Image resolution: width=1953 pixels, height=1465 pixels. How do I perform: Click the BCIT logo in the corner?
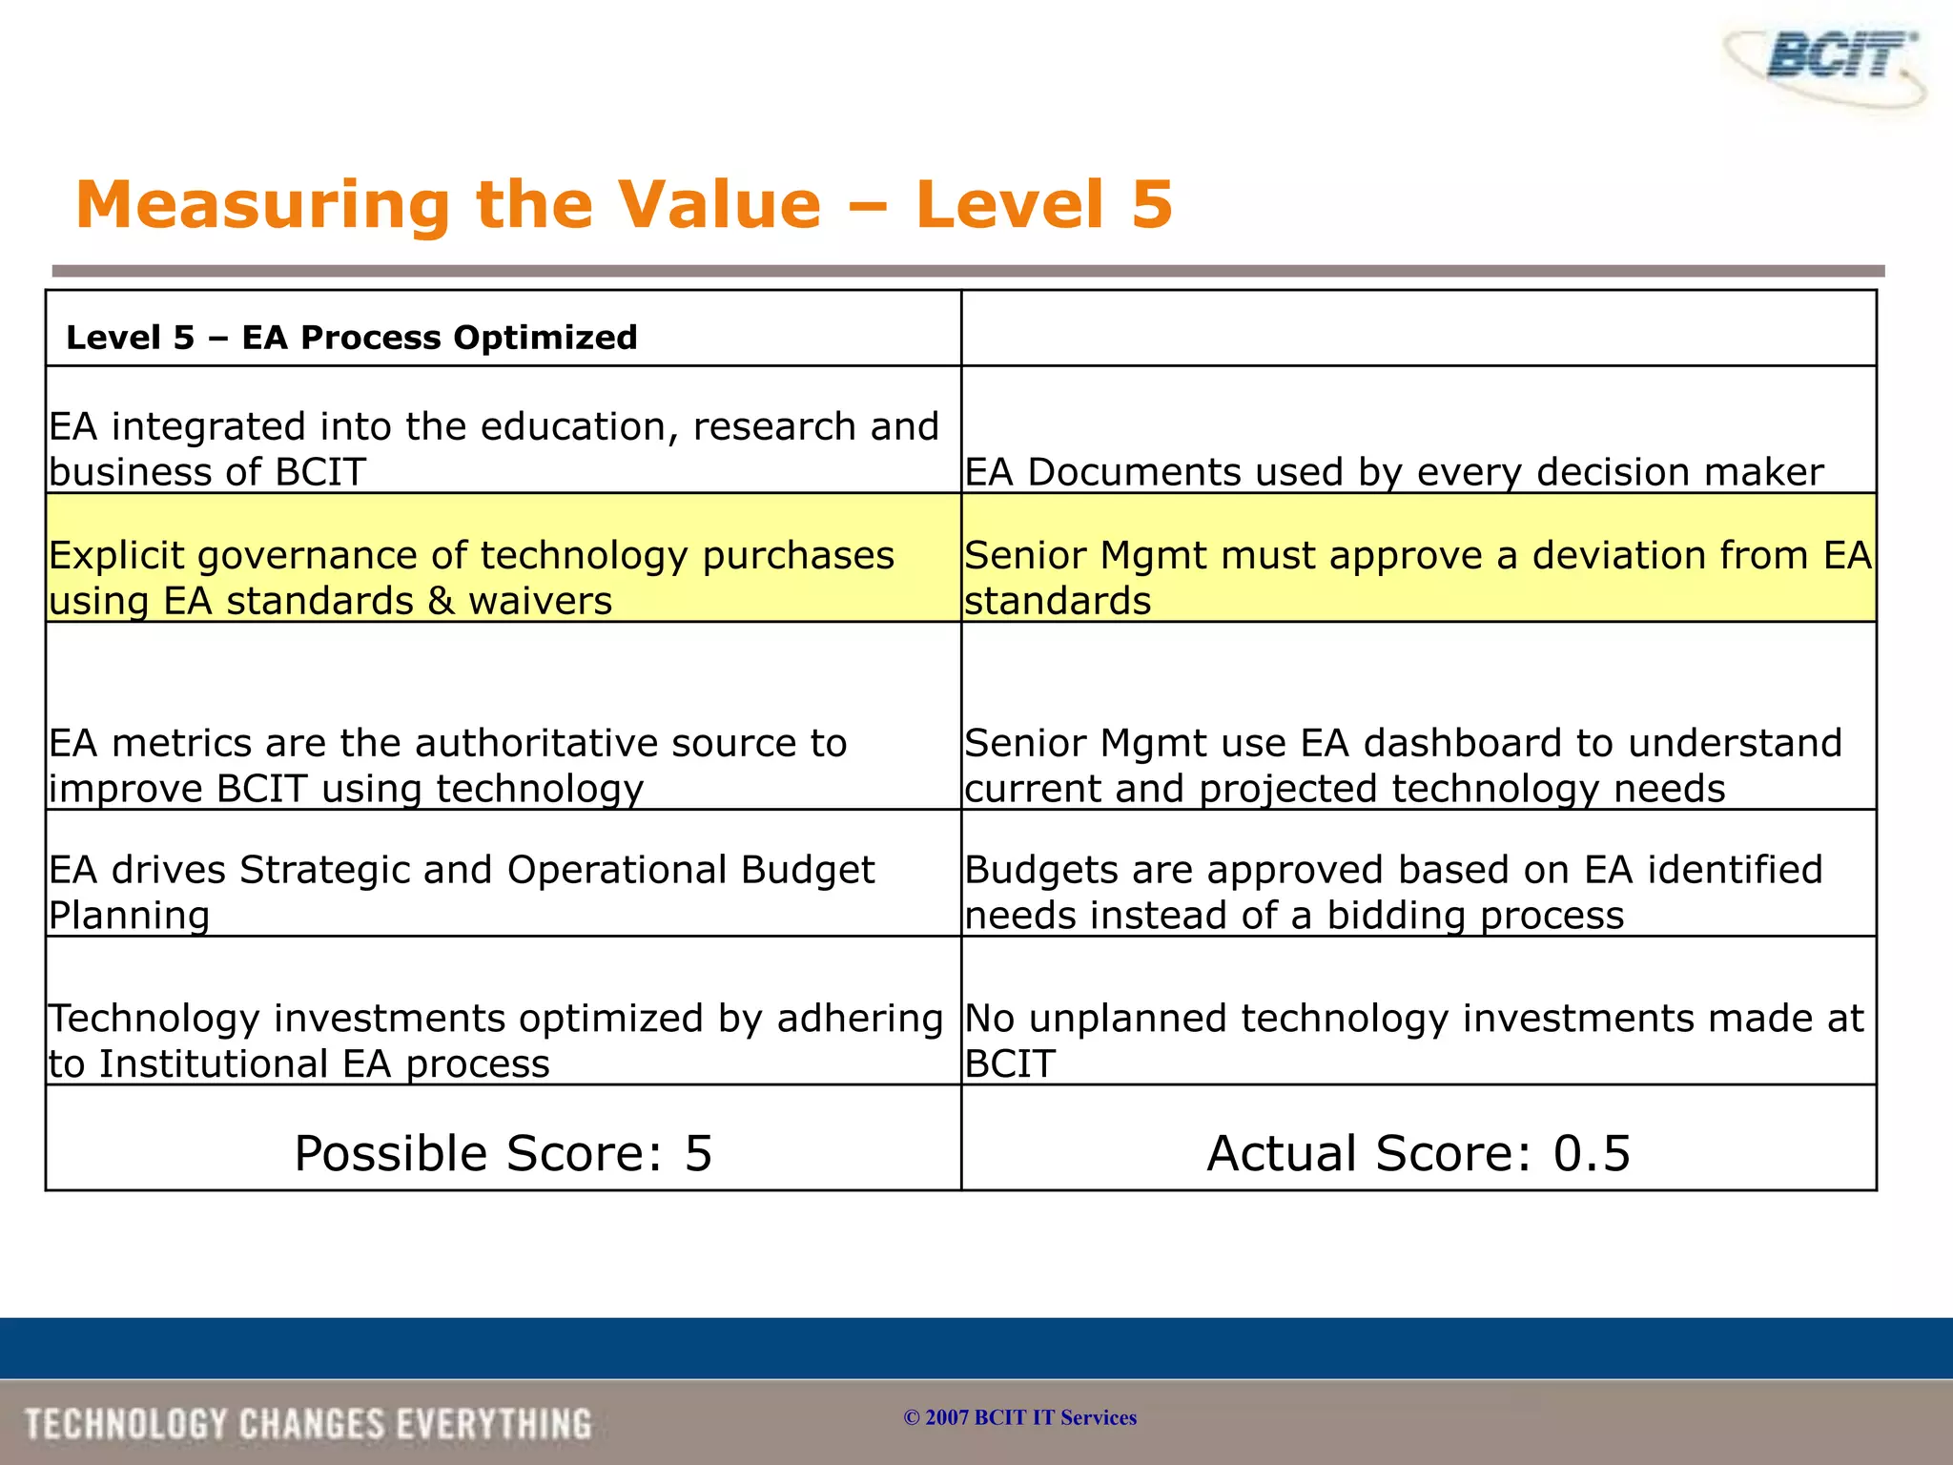tap(1825, 62)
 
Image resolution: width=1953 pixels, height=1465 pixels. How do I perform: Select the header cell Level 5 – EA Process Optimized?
tap(351, 337)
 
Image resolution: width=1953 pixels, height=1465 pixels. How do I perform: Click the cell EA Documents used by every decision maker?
tap(1393, 472)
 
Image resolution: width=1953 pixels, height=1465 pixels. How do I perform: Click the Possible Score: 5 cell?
tap(503, 1153)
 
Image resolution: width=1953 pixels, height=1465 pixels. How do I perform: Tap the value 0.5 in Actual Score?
tap(1592, 1153)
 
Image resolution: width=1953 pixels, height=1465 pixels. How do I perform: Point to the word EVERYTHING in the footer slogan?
tap(494, 1424)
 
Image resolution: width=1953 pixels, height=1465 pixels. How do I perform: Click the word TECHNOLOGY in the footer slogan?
tap(127, 1424)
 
